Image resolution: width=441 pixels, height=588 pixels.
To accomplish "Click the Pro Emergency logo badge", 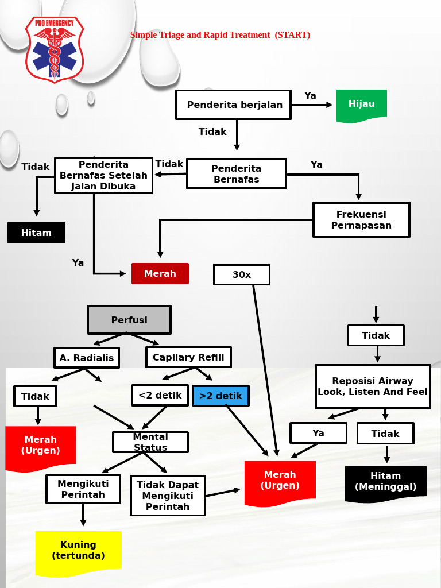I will [55, 49].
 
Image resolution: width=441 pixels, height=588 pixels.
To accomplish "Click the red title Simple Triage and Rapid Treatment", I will [220, 35].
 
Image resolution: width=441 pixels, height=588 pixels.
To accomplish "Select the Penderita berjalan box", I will [234, 105].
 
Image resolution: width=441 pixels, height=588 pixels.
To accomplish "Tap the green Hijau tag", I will [361, 105].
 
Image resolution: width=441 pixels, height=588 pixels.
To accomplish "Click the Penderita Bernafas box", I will [236, 173].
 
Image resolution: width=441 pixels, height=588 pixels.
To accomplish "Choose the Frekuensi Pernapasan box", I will [361, 220].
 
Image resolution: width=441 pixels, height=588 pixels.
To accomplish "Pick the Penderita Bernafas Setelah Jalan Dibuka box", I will [103, 175].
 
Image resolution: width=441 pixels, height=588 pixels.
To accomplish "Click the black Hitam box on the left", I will [36, 233].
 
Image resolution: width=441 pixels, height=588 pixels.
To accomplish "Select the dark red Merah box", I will [160, 273].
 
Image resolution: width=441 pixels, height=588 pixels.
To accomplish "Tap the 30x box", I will [241, 274].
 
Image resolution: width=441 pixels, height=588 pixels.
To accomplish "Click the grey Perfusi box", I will [129, 320].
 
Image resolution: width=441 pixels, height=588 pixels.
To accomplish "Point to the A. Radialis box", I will [87, 358].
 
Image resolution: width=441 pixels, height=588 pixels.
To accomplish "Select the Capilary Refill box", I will [188, 357].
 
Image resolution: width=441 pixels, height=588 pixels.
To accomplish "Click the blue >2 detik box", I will [220, 396].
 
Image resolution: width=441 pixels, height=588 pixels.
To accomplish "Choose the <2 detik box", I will [160, 395].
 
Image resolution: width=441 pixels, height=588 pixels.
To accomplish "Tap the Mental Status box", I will [150, 442].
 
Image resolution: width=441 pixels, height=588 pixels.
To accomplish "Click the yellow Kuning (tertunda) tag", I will [78, 551].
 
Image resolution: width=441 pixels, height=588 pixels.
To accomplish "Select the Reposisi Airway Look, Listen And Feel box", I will [373, 386].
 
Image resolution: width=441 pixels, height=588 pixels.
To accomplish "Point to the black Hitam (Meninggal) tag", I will [385, 482].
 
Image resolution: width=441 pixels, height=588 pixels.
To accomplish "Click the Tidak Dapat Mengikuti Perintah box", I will [167, 495].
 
